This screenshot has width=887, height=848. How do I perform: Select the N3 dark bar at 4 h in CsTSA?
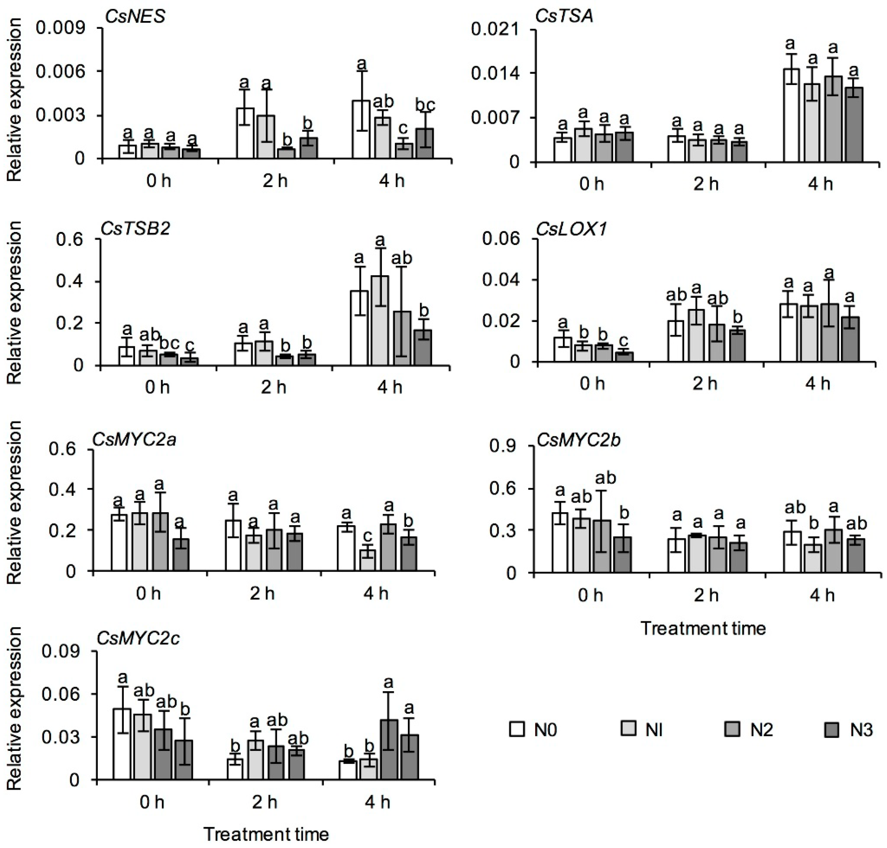(854, 124)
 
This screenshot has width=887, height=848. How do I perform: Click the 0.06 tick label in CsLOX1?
(502, 239)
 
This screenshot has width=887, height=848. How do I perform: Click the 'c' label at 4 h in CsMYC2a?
(368, 536)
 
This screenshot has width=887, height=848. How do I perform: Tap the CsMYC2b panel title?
(578, 440)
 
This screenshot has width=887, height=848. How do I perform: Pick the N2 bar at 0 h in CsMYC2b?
(602, 546)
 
